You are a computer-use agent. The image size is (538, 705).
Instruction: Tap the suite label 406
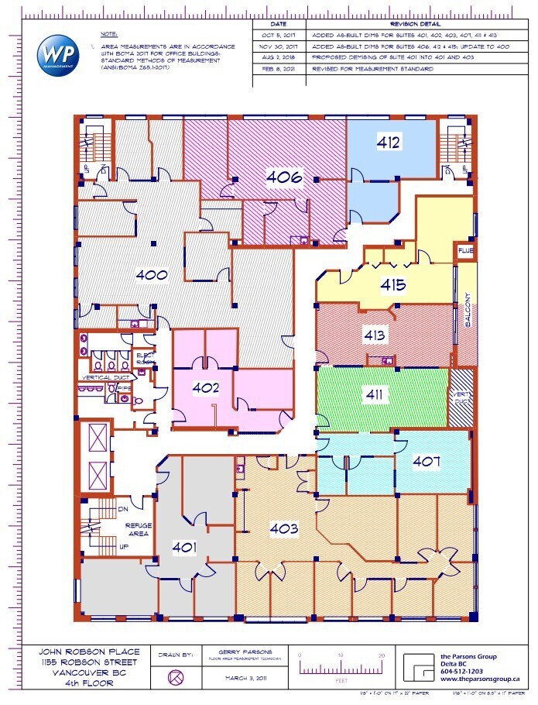283,177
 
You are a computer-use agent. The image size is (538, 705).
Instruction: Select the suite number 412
388,142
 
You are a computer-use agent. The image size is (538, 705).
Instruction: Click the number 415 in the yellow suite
392,285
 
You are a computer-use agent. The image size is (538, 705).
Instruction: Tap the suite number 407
427,462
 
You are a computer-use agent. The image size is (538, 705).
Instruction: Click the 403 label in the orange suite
284,529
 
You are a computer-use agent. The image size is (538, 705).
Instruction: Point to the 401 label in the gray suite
185,548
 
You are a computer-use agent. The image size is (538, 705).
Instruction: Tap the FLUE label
464,251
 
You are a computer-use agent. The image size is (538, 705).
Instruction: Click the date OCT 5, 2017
279,36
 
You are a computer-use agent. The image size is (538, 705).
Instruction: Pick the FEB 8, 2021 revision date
279,69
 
